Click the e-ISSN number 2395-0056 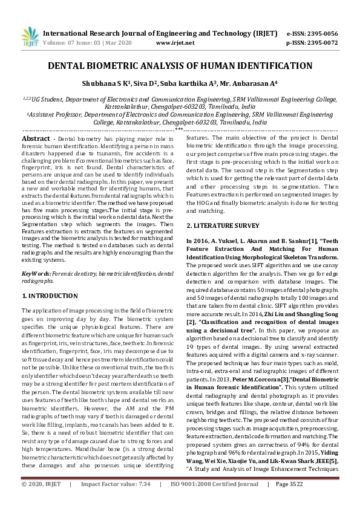coord(321,34)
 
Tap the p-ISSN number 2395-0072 coord(321,43)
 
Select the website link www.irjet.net coord(175,43)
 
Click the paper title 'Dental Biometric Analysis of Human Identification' coord(180,66)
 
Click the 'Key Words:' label coord(36,274)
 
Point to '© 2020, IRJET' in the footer coord(41,501)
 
